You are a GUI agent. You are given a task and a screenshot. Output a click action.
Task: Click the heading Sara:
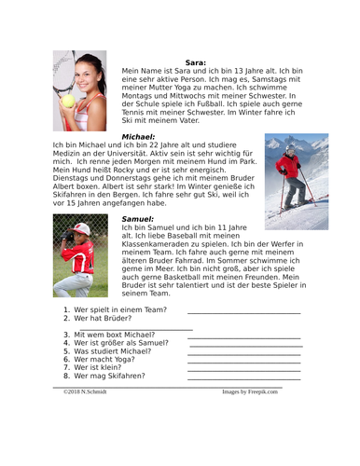point(195,62)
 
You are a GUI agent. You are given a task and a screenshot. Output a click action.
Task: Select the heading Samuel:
point(138,219)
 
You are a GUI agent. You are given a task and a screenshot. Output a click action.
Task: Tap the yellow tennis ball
point(68,101)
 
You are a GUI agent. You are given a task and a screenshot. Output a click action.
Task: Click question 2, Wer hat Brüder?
point(105,321)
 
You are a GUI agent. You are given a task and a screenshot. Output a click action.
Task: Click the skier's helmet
point(290,148)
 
